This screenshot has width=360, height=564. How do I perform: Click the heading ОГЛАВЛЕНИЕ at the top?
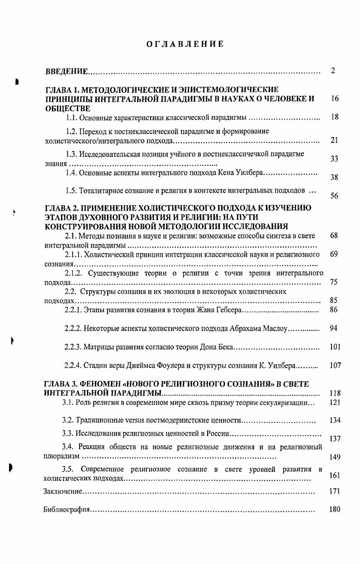pyautogui.click(x=185, y=44)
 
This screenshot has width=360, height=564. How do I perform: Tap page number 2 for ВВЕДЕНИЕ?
pyautogui.click(x=333, y=71)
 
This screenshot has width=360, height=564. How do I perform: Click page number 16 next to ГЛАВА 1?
pyautogui.click(x=335, y=99)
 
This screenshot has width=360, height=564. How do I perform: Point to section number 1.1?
pyautogui.click(x=71, y=118)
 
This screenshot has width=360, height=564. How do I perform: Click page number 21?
pyautogui.click(x=335, y=141)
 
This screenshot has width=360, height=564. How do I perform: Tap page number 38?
pyautogui.click(x=335, y=178)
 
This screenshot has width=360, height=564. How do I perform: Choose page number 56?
pyautogui.click(x=335, y=196)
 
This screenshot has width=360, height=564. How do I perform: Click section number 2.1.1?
pyautogui.click(x=74, y=254)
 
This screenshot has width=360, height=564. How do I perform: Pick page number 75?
pyautogui.click(x=334, y=282)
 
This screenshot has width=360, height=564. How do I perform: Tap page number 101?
pyautogui.click(x=335, y=347)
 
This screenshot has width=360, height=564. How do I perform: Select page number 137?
pyautogui.click(x=335, y=439)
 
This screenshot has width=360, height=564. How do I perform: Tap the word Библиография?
pyautogui.click(x=66, y=510)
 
